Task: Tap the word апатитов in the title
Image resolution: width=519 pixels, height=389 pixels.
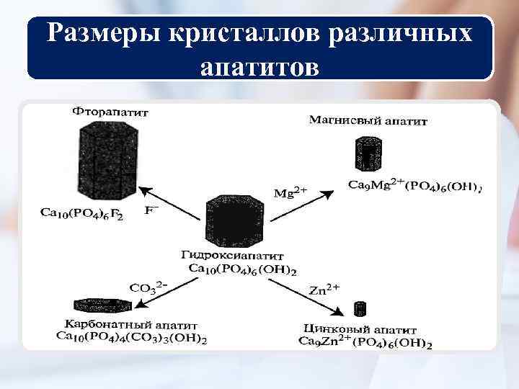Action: pyautogui.click(x=259, y=67)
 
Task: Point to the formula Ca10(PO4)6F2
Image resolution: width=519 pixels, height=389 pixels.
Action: pyautogui.click(x=81, y=214)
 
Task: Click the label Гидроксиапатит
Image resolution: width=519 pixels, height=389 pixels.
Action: pyautogui.click(x=233, y=256)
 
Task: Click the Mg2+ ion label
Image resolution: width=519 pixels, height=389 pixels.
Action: pyautogui.click(x=290, y=192)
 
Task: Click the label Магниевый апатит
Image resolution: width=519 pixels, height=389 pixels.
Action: pyautogui.click(x=368, y=121)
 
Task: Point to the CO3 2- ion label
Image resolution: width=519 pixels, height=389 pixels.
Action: pyautogui.click(x=148, y=287)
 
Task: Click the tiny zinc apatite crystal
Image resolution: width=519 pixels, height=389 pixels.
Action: pyautogui.click(x=359, y=309)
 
